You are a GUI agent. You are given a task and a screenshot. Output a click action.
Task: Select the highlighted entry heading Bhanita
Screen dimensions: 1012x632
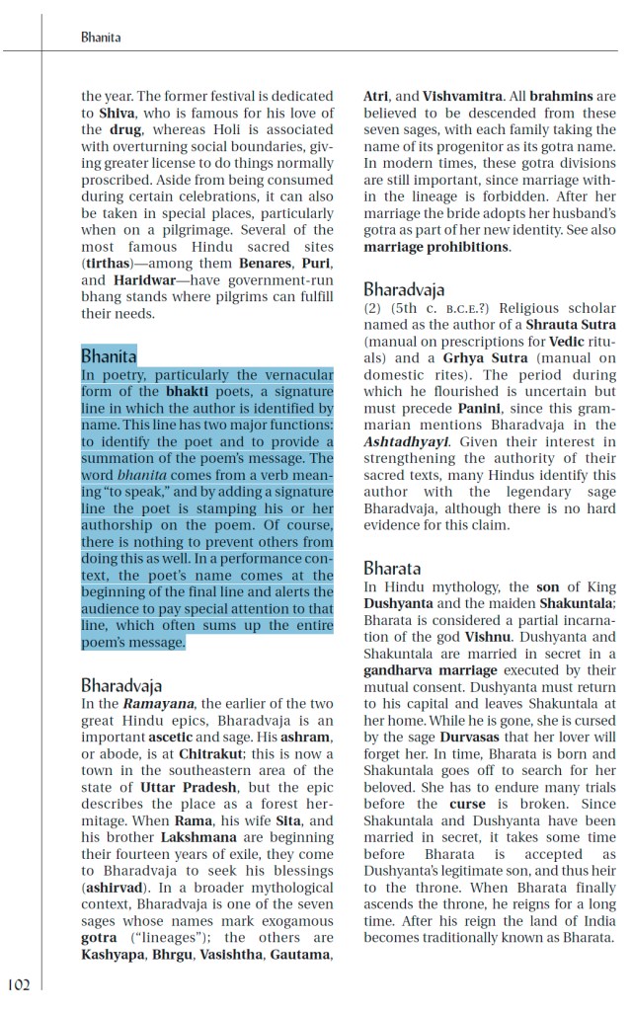pos(109,355)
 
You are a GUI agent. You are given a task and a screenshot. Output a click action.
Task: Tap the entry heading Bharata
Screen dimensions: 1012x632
pos(392,568)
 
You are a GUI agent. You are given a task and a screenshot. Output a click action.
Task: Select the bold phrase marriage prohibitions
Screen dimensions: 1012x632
pos(435,247)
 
